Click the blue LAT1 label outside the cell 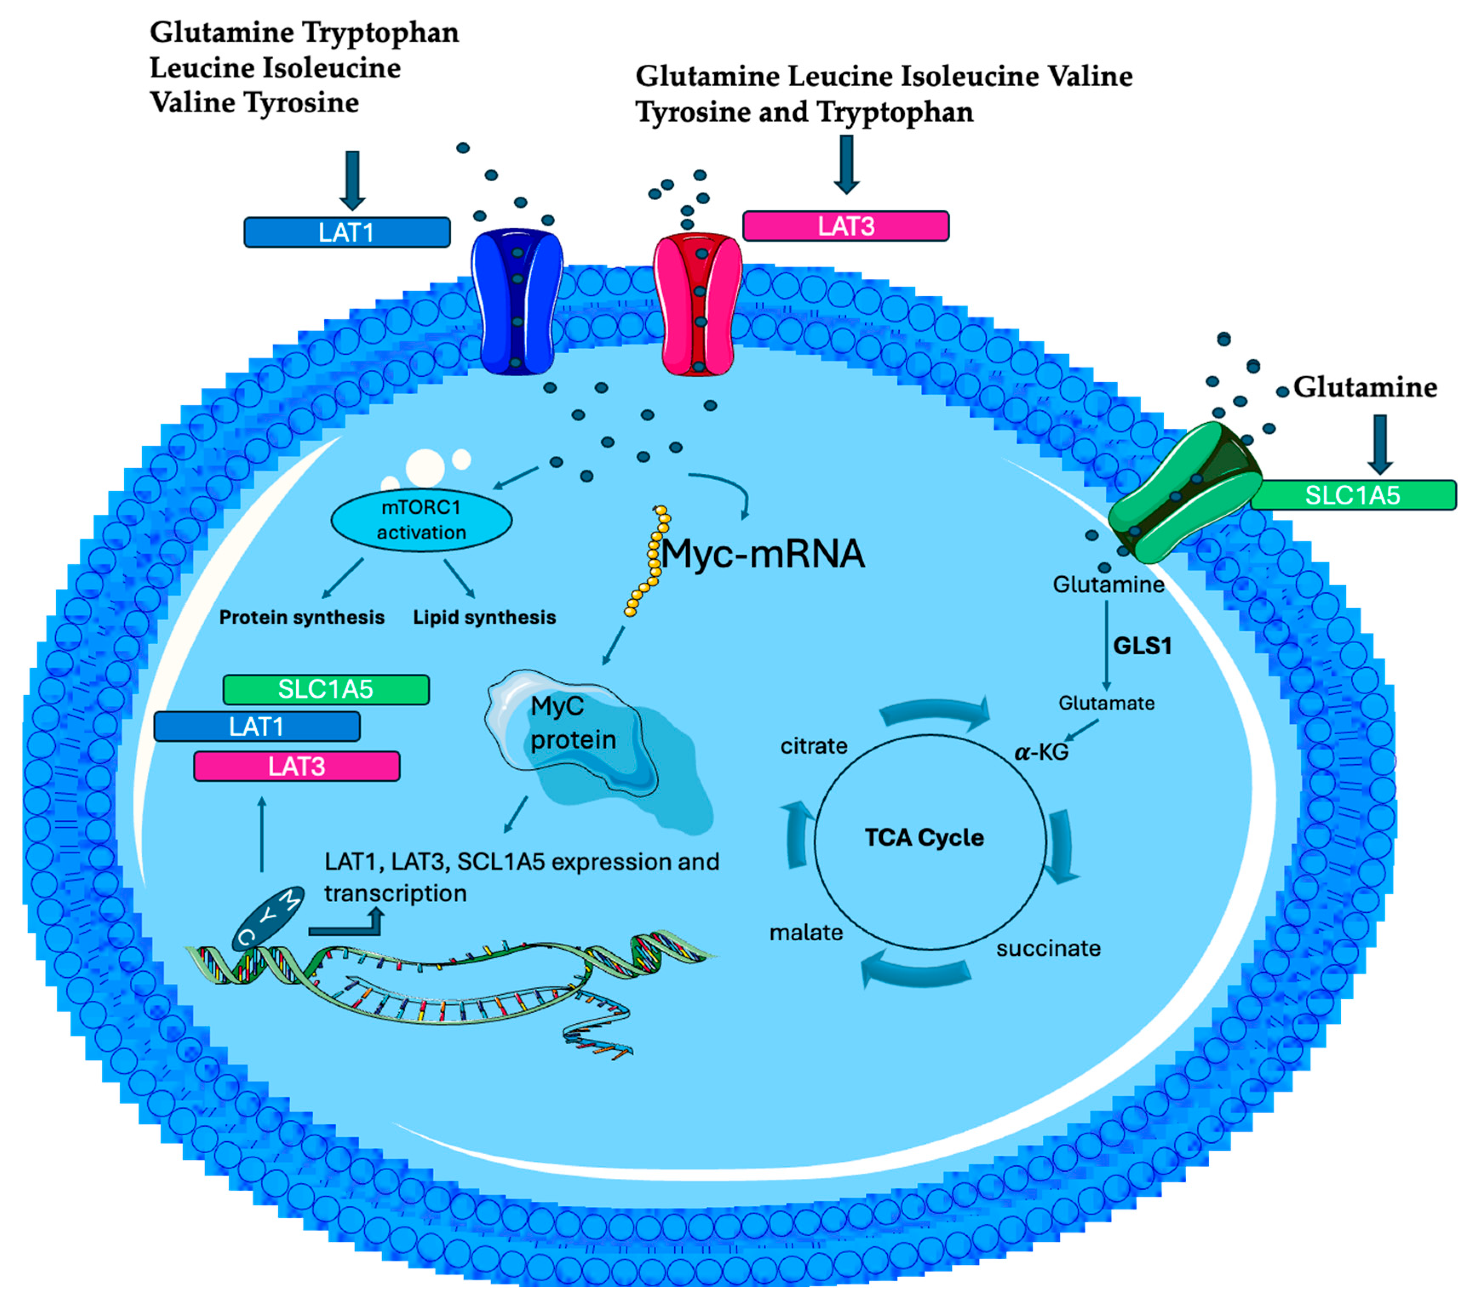tap(347, 232)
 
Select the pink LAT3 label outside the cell tap(845, 226)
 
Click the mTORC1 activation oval tap(421, 520)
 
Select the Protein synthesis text tap(301, 617)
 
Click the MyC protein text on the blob tap(572, 723)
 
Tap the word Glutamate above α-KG tap(1106, 703)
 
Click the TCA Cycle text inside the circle tap(924, 837)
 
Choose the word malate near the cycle tap(805, 933)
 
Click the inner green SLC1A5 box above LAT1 tap(326, 690)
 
